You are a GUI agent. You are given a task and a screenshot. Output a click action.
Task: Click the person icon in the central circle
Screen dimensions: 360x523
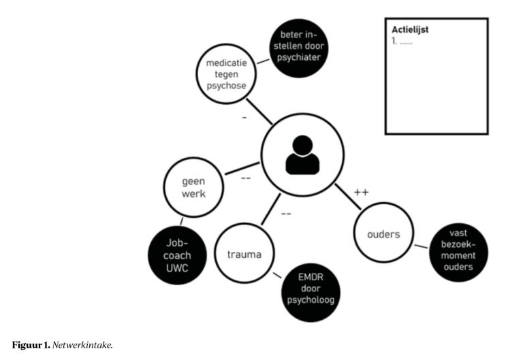tap(302, 156)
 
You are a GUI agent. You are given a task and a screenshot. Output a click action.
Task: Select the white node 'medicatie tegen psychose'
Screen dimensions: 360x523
tap(231, 74)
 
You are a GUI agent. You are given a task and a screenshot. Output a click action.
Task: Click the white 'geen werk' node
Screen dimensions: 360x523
tap(193, 187)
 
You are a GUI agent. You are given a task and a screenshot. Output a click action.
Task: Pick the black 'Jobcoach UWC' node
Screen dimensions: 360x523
tap(178, 255)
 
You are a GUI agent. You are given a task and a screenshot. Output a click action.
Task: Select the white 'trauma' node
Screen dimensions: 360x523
tap(244, 255)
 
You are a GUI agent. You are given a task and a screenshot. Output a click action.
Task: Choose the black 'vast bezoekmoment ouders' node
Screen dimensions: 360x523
tap(460, 250)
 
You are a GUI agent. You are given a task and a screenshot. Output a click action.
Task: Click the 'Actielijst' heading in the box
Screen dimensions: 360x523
tap(410, 29)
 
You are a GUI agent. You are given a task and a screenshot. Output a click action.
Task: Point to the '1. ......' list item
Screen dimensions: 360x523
tap(402, 42)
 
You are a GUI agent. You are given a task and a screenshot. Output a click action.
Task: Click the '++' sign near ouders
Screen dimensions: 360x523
tap(362, 193)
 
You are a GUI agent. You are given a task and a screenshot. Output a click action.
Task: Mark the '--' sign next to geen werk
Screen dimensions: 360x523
tap(246, 179)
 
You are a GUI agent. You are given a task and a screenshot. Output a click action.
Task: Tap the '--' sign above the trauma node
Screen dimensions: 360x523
tap(287, 214)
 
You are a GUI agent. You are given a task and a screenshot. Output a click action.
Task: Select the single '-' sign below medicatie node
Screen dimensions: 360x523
tap(244, 117)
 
